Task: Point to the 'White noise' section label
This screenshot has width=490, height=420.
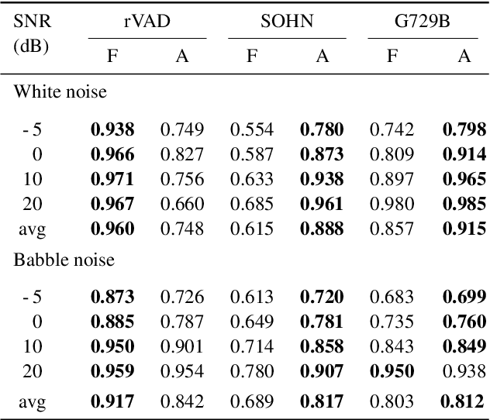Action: tap(60, 92)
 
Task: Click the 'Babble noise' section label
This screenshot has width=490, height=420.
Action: tap(64, 260)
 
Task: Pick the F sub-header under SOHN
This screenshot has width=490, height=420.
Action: tap(252, 57)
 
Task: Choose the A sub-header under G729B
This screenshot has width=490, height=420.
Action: tap(464, 57)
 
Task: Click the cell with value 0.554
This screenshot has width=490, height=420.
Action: tap(252, 129)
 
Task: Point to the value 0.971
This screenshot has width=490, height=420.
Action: tap(112, 179)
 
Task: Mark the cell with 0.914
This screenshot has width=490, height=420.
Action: tap(464, 154)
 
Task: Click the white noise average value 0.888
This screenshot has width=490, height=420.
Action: tap(322, 229)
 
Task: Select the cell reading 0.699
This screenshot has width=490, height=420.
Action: tap(464, 297)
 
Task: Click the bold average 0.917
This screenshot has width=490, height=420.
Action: tap(112, 401)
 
